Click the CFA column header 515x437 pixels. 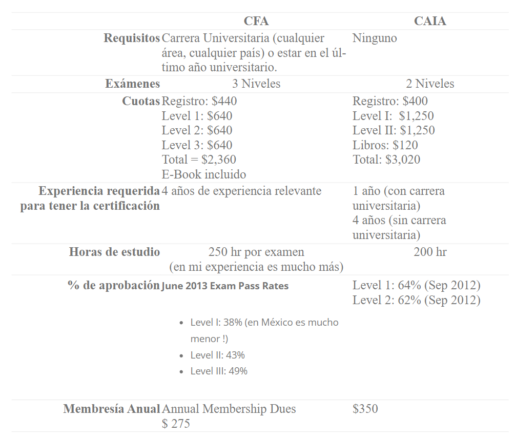click(x=256, y=21)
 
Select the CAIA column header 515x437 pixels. click(x=430, y=21)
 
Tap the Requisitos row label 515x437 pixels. click(x=132, y=38)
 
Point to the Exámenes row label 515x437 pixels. click(x=132, y=84)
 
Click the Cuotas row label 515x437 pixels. click(x=141, y=101)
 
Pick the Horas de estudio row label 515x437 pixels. click(x=114, y=252)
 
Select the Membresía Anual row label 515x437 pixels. click(x=112, y=409)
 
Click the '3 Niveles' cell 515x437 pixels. click(x=256, y=84)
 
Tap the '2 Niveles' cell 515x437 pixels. click(x=430, y=84)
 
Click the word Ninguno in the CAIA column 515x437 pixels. click(x=375, y=38)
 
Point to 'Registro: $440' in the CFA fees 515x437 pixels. click(x=199, y=101)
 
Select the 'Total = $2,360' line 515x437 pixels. click(x=199, y=160)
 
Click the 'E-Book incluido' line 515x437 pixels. click(x=203, y=174)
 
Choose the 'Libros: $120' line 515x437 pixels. click(x=385, y=145)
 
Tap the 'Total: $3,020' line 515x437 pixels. click(x=386, y=160)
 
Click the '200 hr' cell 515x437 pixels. click(x=430, y=252)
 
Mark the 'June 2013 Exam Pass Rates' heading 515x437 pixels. click(x=225, y=286)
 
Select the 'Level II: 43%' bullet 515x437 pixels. click(x=217, y=355)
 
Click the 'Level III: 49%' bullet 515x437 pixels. click(x=219, y=371)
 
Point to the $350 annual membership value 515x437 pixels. click(x=365, y=409)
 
